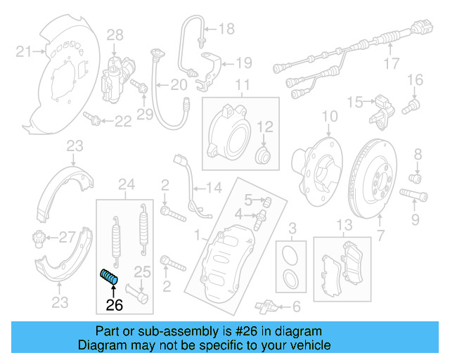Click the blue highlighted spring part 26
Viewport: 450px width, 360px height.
[x=109, y=278]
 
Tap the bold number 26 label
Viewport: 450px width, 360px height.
[x=114, y=304]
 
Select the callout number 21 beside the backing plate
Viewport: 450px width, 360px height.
[x=24, y=51]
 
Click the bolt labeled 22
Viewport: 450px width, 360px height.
[x=91, y=117]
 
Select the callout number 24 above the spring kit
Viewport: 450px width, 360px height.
[x=126, y=185]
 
